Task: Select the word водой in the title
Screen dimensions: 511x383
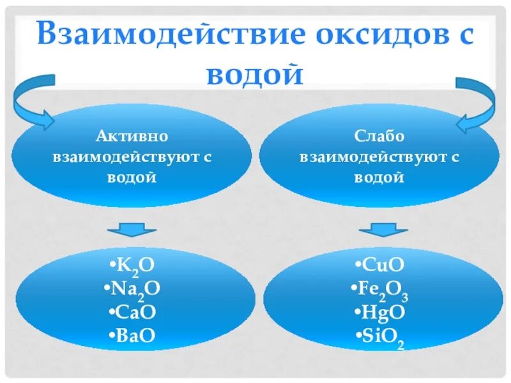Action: tap(255, 74)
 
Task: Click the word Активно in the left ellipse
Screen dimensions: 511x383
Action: tap(132, 137)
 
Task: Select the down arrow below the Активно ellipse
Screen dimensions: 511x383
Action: tap(132, 229)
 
